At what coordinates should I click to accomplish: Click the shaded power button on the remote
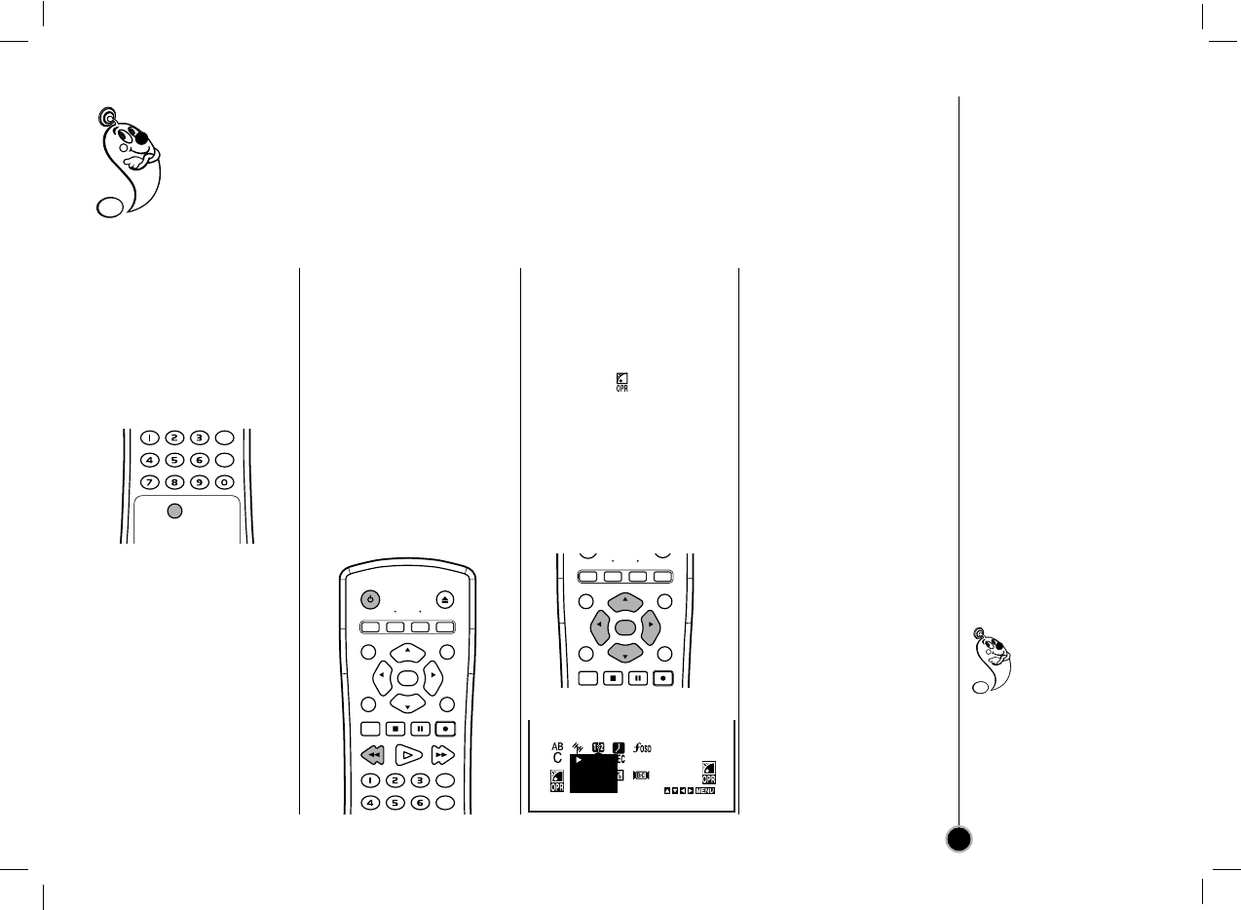(x=371, y=600)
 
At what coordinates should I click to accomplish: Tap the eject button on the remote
(x=444, y=600)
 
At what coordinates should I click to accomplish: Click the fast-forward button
(x=443, y=754)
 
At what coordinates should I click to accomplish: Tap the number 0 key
(x=224, y=482)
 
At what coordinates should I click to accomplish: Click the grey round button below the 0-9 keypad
(x=173, y=512)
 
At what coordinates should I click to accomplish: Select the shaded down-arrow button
(x=624, y=655)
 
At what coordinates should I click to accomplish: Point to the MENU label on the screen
(x=706, y=790)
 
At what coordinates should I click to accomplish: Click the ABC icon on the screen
(x=557, y=752)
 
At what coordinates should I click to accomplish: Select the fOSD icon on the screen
(x=642, y=748)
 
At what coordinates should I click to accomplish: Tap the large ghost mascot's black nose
(x=142, y=139)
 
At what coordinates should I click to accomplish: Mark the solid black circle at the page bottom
(x=959, y=839)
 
